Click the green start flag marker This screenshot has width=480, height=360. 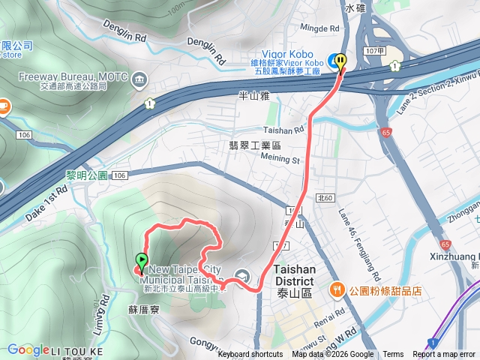141,262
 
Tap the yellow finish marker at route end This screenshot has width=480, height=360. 341,62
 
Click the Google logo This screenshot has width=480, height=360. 28,349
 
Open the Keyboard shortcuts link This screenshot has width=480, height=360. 250,355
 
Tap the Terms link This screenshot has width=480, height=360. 393,355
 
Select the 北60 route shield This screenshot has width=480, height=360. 325,198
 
